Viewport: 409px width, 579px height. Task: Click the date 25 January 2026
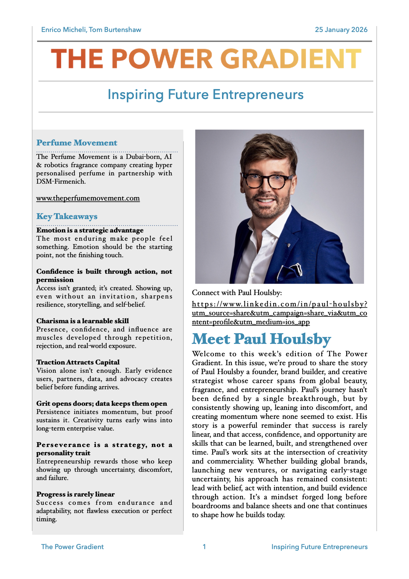click(341, 30)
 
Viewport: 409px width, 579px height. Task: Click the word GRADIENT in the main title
click(290, 59)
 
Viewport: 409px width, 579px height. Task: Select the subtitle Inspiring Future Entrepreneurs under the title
click(206, 95)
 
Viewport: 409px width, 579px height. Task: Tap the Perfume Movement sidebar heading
click(77, 143)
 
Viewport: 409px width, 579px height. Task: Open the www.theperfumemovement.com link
click(88, 198)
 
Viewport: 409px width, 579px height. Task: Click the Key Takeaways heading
click(67, 217)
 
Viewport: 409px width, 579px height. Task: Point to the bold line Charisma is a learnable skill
click(82, 321)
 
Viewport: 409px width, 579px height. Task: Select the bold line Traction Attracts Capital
click(78, 362)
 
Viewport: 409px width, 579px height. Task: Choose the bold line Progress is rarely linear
click(76, 494)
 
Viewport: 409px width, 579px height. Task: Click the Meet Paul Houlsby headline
click(261, 339)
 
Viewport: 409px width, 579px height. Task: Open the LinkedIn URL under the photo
click(279, 313)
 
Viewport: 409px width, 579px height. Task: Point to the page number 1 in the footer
click(204, 547)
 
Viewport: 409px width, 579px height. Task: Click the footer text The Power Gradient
click(72, 547)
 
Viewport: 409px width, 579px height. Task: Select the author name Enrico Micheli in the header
click(64, 30)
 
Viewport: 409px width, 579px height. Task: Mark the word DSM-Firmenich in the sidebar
click(60, 182)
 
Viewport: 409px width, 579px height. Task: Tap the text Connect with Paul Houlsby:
click(237, 293)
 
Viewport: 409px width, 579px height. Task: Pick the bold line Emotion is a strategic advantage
click(90, 230)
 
